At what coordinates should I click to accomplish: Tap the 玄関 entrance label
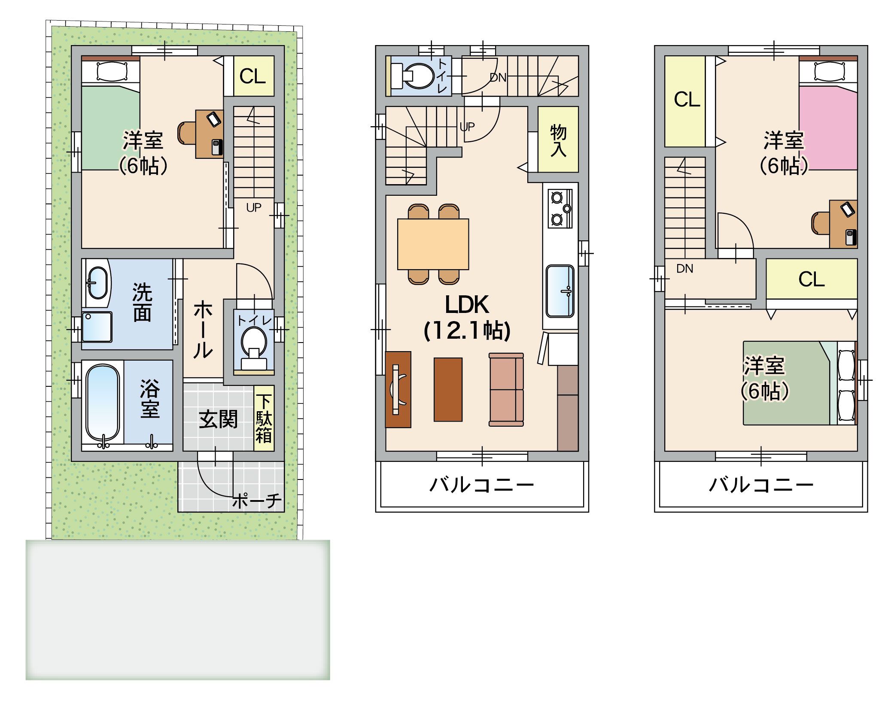click(x=218, y=419)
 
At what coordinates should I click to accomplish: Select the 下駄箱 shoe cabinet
click(x=264, y=418)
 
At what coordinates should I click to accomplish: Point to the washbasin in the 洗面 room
click(x=97, y=282)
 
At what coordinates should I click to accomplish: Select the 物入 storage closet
click(x=558, y=140)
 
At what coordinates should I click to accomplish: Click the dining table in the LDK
click(x=433, y=244)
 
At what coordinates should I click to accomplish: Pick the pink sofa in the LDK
click(x=506, y=390)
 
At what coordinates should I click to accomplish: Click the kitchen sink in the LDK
click(x=560, y=291)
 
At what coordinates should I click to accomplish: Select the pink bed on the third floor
click(x=828, y=128)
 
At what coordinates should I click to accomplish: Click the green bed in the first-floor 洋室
click(x=110, y=128)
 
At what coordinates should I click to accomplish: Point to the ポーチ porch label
click(x=257, y=501)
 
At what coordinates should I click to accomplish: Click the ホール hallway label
click(x=203, y=330)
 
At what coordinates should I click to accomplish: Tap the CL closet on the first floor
click(x=253, y=76)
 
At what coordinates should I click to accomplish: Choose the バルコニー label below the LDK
click(x=481, y=485)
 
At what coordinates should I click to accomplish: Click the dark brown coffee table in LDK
click(x=448, y=389)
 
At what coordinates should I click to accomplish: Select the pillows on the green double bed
click(x=846, y=383)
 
